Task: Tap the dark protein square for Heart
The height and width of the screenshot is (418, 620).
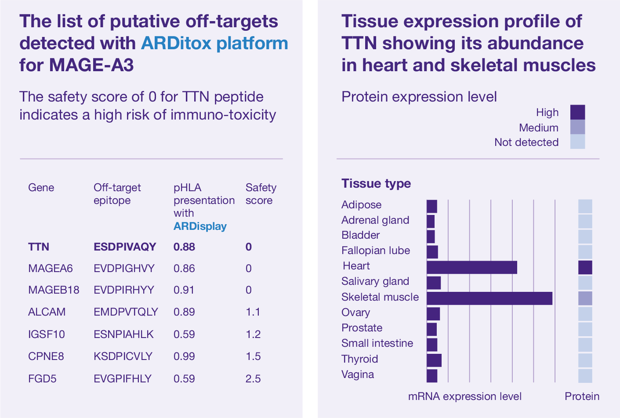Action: coord(585,267)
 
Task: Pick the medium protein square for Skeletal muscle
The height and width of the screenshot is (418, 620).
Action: coord(585,298)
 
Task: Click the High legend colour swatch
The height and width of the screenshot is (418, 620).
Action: coord(577,113)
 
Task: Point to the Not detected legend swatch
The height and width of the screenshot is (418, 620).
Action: coord(577,142)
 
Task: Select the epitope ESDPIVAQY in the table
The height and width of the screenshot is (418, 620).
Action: coord(125,247)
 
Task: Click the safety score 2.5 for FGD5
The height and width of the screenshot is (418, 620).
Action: coord(253,378)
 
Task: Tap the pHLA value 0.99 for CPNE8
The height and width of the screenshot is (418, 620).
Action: coord(184,356)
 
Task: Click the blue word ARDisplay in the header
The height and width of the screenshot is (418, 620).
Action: coord(200,226)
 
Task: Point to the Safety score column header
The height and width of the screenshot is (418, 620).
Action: coord(261,194)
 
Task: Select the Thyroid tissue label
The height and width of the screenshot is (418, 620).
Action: coord(359,359)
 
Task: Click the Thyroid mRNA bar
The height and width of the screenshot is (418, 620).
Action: coord(434,360)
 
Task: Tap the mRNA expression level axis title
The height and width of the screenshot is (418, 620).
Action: coord(464,396)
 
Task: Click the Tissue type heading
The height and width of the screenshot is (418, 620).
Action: coord(376,184)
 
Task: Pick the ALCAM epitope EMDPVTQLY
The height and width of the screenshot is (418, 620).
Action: coord(126,312)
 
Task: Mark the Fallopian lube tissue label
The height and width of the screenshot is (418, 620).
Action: coord(376,251)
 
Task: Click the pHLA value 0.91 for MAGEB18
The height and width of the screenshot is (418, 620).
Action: coord(184,290)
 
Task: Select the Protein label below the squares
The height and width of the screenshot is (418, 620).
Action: coord(582,396)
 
